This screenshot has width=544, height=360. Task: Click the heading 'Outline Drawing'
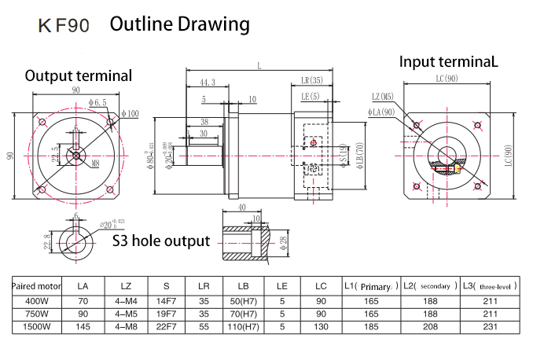coord(179,24)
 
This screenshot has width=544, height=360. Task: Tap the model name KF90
coord(64,26)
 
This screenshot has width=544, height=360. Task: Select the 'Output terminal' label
coord(79,75)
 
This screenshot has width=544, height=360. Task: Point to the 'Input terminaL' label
coord(449,61)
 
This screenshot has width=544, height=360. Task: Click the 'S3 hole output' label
coord(160,241)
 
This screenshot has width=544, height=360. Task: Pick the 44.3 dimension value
coord(208,82)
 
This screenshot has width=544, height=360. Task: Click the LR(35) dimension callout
coord(312,81)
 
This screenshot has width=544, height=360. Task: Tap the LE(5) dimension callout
coord(311,97)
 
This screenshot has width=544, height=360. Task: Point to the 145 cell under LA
coord(83,325)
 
